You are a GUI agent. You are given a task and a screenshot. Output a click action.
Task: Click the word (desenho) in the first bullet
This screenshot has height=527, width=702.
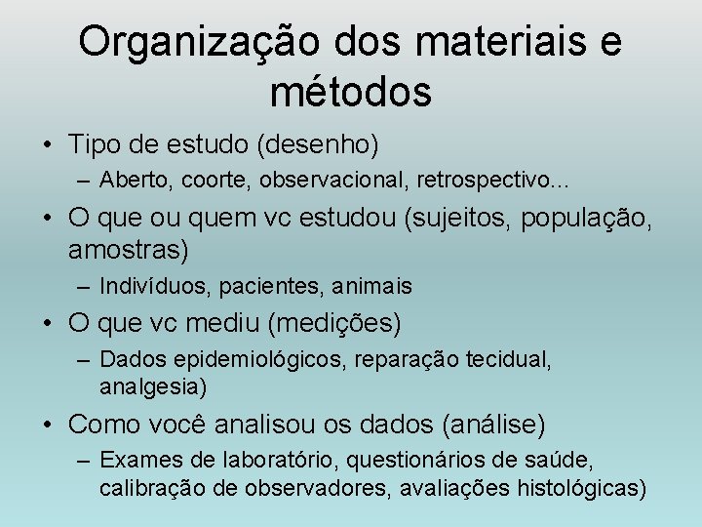(318, 145)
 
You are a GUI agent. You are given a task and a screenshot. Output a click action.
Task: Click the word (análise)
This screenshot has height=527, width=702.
(493, 425)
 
